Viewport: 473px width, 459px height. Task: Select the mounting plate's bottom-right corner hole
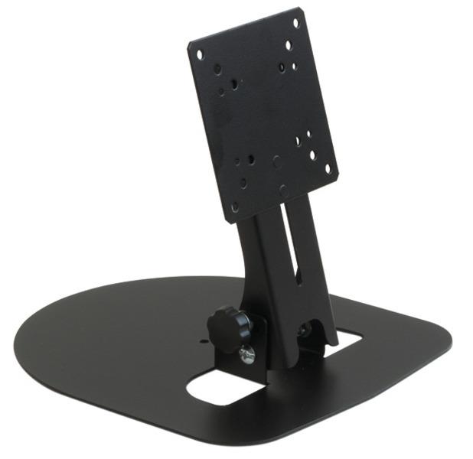[328, 168]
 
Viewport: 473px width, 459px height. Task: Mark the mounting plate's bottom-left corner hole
[235, 207]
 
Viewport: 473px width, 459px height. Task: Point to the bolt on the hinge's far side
[305, 330]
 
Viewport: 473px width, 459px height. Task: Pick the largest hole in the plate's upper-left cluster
[217, 69]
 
